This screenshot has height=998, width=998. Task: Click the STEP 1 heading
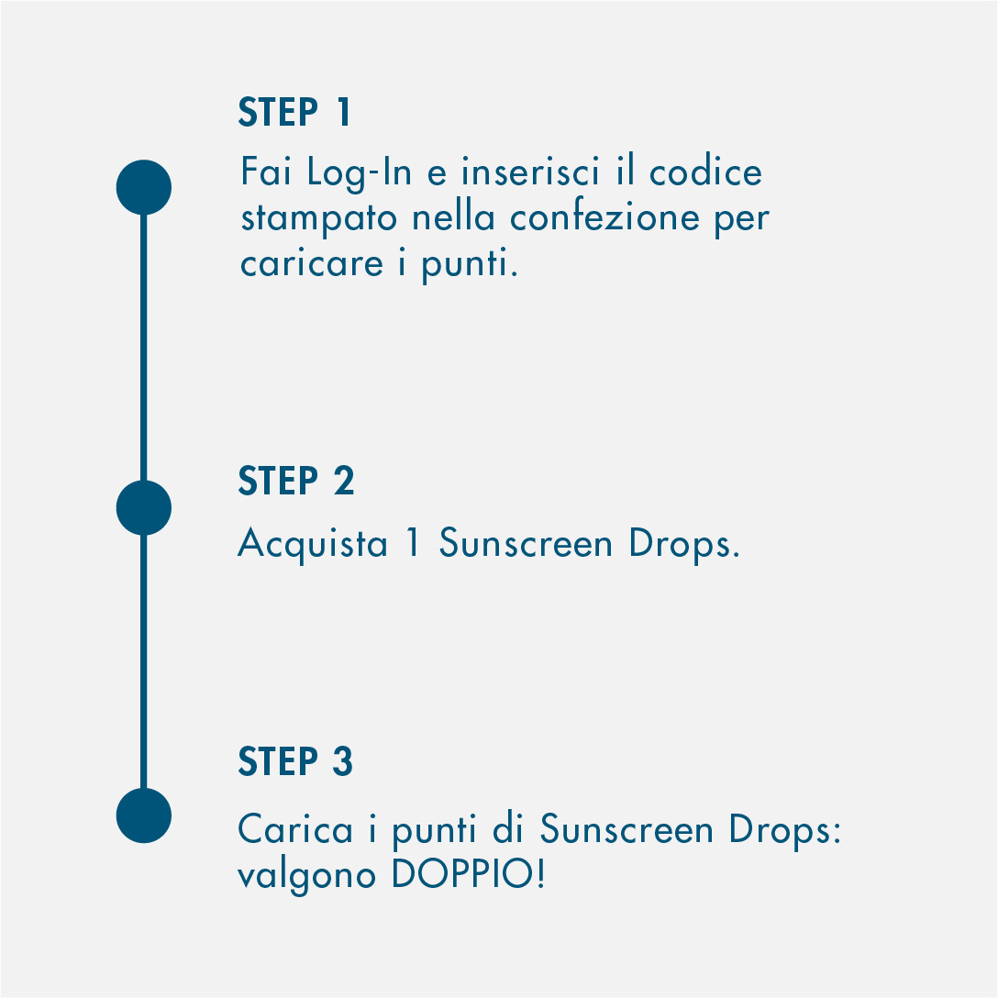tap(294, 112)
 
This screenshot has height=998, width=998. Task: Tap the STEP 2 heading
tap(296, 481)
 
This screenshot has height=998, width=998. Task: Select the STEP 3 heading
tap(295, 761)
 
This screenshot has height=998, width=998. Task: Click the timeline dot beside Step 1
tap(144, 187)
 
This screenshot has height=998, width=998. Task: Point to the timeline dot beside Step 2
tap(144, 508)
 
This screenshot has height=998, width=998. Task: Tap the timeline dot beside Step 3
tap(144, 815)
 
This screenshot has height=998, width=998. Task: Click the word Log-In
tap(360, 173)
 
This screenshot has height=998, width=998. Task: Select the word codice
tap(705, 172)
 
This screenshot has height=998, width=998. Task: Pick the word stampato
tap(319, 219)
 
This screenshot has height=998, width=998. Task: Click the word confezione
tap(604, 217)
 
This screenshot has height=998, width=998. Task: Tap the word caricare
tap(312, 263)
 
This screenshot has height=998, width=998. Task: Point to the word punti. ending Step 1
tap(470, 265)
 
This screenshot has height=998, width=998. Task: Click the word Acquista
tap(313, 545)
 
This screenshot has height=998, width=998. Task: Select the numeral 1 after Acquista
tap(413, 542)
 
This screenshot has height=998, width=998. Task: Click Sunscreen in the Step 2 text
tap(526, 543)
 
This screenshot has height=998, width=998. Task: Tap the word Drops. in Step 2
tap(684, 545)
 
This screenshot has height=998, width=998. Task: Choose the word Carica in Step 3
tap(294, 829)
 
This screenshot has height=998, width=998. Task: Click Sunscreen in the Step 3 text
tap(627, 829)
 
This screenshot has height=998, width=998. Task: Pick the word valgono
tap(306, 875)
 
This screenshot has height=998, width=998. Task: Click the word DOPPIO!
tap(469, 873)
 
